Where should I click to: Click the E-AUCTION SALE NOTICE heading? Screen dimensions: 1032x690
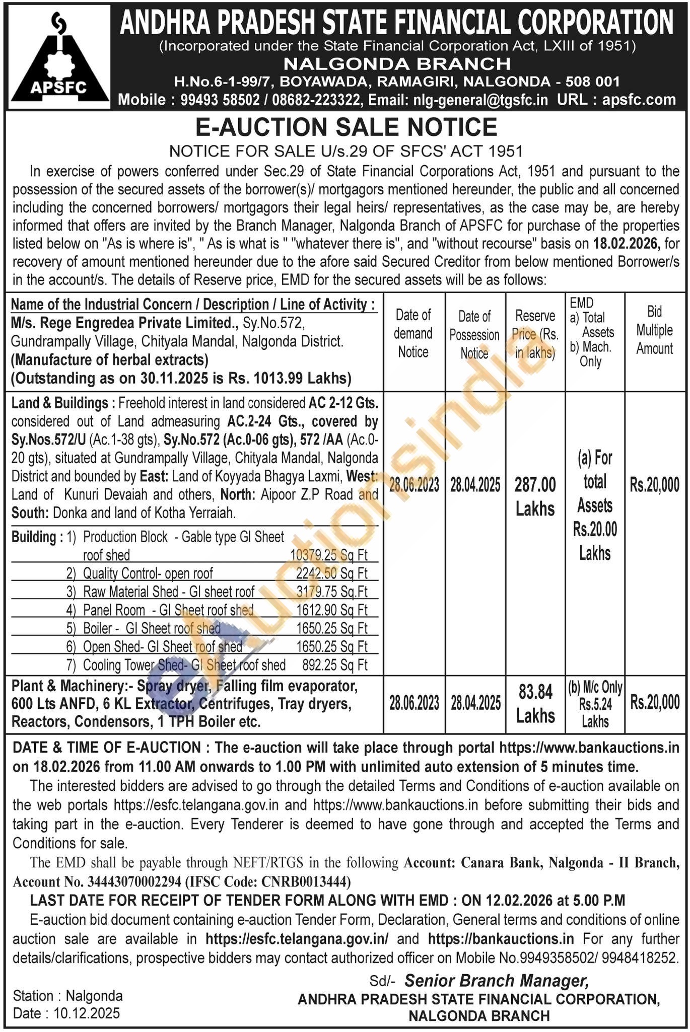[x=346, y=127]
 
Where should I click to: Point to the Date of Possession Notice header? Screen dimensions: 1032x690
[x=474, y=334]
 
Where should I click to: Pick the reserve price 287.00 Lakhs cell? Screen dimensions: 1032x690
[x=535, y=497]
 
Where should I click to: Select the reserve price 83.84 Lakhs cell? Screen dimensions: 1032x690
[x=535, y=703]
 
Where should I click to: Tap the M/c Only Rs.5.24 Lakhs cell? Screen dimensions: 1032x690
[x=595, y=704]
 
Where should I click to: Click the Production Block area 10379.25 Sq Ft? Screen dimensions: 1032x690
[x=329, y=555]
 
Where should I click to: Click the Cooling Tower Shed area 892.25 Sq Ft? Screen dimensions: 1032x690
[x=334, y=665]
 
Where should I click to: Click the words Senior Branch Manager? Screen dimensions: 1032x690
[x=496, y=980]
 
